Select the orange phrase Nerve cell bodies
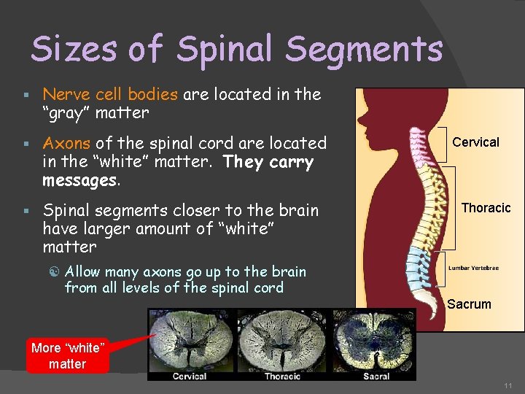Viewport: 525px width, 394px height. [110, 94]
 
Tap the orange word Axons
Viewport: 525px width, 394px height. [67, 143]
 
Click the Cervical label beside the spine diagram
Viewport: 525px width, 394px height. [475, 142]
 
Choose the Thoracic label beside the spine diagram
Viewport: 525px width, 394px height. [486, 208]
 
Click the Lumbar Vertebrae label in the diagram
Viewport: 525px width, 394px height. [473, 268]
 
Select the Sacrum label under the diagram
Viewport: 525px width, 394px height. [469, 304]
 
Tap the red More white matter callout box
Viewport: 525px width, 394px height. [68, 356]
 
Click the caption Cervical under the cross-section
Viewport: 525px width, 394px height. [190, 376]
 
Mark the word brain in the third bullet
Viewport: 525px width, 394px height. [299, 211]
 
